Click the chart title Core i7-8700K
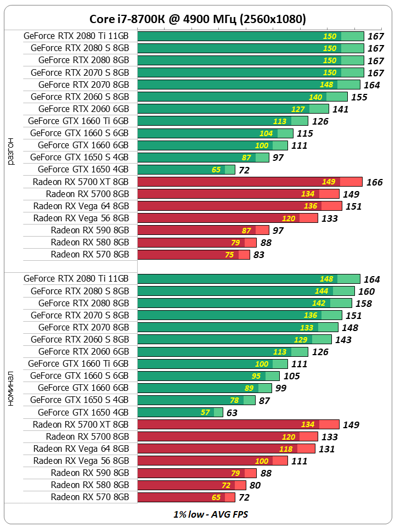pos(197,19)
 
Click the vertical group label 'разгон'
pos(11,151)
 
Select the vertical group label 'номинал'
pos(11,388)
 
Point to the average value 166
pos(375,182)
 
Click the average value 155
pos(359,97)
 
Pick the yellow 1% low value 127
pos(298,109)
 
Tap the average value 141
pos(341,109)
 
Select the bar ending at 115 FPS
pos(215,133)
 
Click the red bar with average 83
pos(193,255)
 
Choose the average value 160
pos(366,291)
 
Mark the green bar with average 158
pos(244,304)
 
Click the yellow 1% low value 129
pos(301,340)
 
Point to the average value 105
pos(292,376)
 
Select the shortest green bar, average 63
pos(180,412)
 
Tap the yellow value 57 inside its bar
pos(205,412)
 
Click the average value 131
pos(326,449)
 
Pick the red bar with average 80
pos(191,485)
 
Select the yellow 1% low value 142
pos(318,304)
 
